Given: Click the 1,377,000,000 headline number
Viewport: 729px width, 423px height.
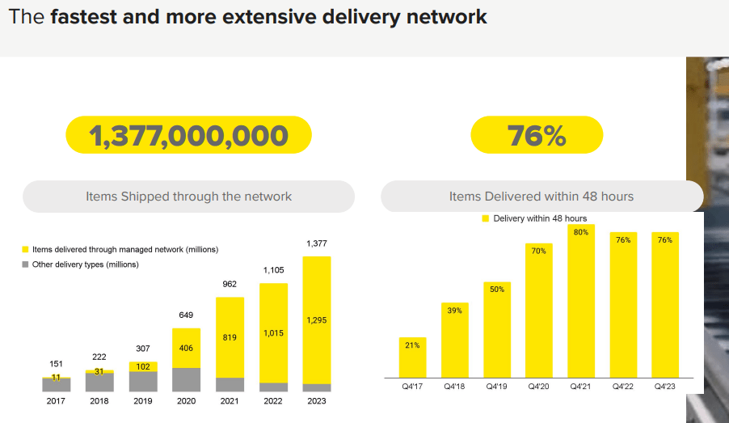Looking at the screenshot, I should [188, 135].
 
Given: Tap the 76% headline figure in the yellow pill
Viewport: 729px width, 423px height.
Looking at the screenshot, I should [537, 135].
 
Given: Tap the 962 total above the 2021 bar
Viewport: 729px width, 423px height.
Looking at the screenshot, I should [230, 284].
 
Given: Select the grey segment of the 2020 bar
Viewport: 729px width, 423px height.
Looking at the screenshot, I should [186, 380].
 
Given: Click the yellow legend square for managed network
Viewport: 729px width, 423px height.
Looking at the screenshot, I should [26, 250].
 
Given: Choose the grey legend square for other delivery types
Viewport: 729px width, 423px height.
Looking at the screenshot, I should [26, 264].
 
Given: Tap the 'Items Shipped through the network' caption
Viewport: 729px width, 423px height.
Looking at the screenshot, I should [188, 197].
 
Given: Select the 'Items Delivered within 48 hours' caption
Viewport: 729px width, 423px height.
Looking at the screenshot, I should [541, 197].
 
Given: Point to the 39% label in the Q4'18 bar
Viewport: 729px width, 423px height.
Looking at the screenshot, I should [454, 311].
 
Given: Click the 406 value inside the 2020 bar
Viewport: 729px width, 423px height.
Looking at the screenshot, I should [186, 349].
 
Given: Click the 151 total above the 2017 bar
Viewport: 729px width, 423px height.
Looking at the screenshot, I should [56, 364].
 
